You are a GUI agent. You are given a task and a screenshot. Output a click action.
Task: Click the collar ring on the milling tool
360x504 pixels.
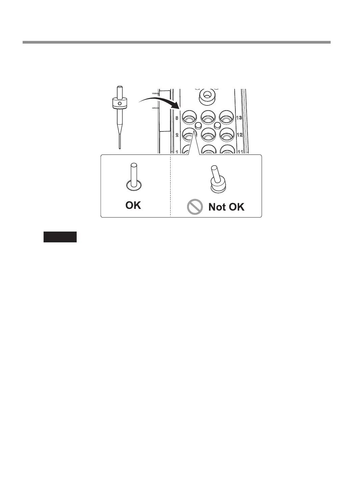coord(119,104)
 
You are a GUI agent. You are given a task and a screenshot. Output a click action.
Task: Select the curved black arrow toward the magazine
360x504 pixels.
coord(159,101)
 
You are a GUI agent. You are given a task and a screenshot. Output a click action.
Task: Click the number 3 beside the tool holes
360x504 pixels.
coord(177,118)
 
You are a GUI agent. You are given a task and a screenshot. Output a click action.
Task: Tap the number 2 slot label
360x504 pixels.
coord(177,135)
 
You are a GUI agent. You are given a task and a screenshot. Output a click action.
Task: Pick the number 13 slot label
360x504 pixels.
coord(239,118)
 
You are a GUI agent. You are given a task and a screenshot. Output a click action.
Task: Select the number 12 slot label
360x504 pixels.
coord(239,135)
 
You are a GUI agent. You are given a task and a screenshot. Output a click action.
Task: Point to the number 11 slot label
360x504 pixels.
coord(240,151)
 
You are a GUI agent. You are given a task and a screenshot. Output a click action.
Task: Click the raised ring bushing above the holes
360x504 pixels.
coord(207,95)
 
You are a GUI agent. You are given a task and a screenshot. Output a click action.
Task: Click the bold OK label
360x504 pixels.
coord(133,205)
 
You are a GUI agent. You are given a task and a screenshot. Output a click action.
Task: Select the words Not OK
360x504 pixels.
coord(226,207)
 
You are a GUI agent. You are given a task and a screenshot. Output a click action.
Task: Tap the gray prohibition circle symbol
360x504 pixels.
coord(195,207)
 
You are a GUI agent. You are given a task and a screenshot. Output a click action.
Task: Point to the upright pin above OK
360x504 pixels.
coord(134,174)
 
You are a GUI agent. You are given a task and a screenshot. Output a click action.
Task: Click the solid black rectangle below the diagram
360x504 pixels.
coord(60,237)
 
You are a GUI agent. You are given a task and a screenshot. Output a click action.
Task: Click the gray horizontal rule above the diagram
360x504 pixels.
coord(176,42)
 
